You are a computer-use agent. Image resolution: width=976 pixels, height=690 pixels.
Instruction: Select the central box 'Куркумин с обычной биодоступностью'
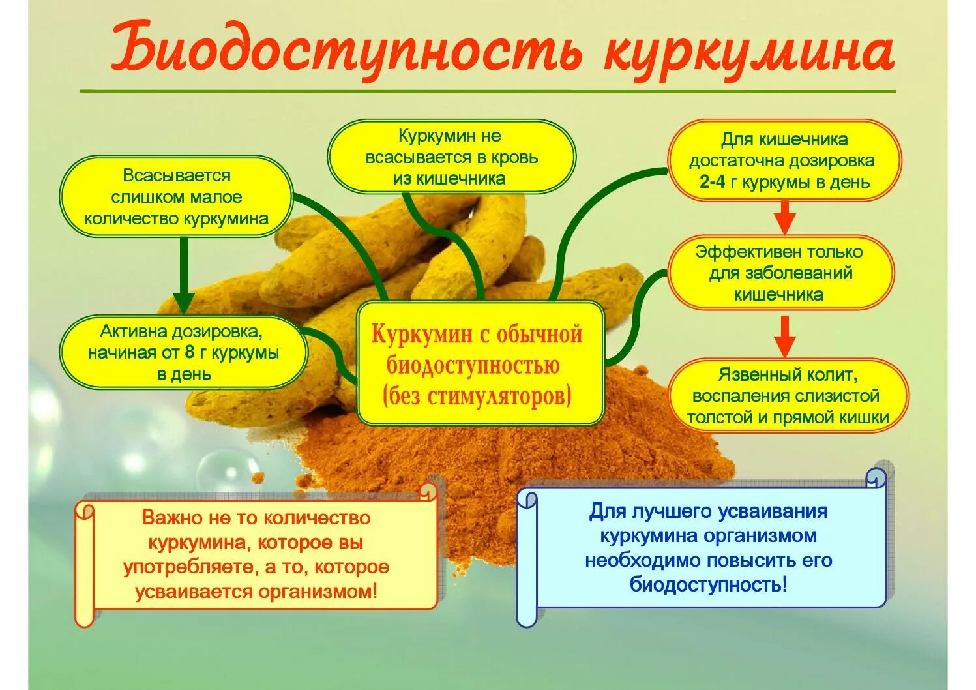pos(480,364)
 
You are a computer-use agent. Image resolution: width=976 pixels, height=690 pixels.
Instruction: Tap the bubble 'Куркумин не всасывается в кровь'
pos(451,157)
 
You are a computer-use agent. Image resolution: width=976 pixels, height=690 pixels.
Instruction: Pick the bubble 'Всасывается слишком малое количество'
pos(176,197)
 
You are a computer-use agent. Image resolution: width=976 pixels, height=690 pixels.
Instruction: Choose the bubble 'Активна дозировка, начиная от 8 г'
pos(183,353)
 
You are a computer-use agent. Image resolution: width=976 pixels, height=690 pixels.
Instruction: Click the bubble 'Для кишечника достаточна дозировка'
pos(784,160)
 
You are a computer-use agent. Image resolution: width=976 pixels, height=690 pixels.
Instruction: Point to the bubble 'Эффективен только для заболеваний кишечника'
pos(780,273)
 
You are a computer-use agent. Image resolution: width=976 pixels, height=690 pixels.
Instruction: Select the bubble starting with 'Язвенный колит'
pos(788,396)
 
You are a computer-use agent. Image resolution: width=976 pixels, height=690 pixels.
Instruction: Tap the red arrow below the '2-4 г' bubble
pos(785,217)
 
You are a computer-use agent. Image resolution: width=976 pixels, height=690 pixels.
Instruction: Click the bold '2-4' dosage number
pos(712,182)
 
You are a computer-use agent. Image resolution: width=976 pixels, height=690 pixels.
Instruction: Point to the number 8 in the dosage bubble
pos(190,353)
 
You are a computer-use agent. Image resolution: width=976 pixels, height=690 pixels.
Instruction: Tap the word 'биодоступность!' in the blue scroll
pos(708,584)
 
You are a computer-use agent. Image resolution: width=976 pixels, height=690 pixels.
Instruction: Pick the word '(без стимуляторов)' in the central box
pos(480,396)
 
